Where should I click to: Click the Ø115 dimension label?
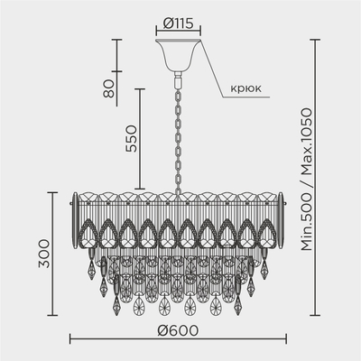tap(178, 23)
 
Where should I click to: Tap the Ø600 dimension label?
tap(178, 330)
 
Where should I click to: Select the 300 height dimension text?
tap(44, 254)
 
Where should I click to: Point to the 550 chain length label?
tap(131, 139)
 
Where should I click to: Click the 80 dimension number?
tap(108, 88)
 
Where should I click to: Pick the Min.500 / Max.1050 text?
tap(307, 180)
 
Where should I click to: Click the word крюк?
tap(245, 88)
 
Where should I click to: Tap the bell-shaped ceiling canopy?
tap(178, 55)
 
